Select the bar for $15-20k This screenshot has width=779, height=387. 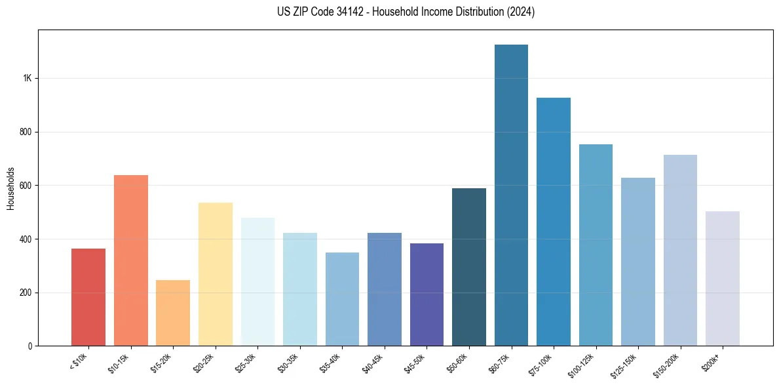tap(173, 313)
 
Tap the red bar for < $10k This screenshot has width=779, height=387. tap(88, 297)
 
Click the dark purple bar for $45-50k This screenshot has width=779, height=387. tap(427, 295)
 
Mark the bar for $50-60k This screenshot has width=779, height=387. tap(469, 267)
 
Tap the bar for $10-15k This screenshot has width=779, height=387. tap(131, 260)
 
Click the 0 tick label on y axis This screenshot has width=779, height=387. tap(29, 346)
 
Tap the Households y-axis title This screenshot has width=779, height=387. tap(10, 188)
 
